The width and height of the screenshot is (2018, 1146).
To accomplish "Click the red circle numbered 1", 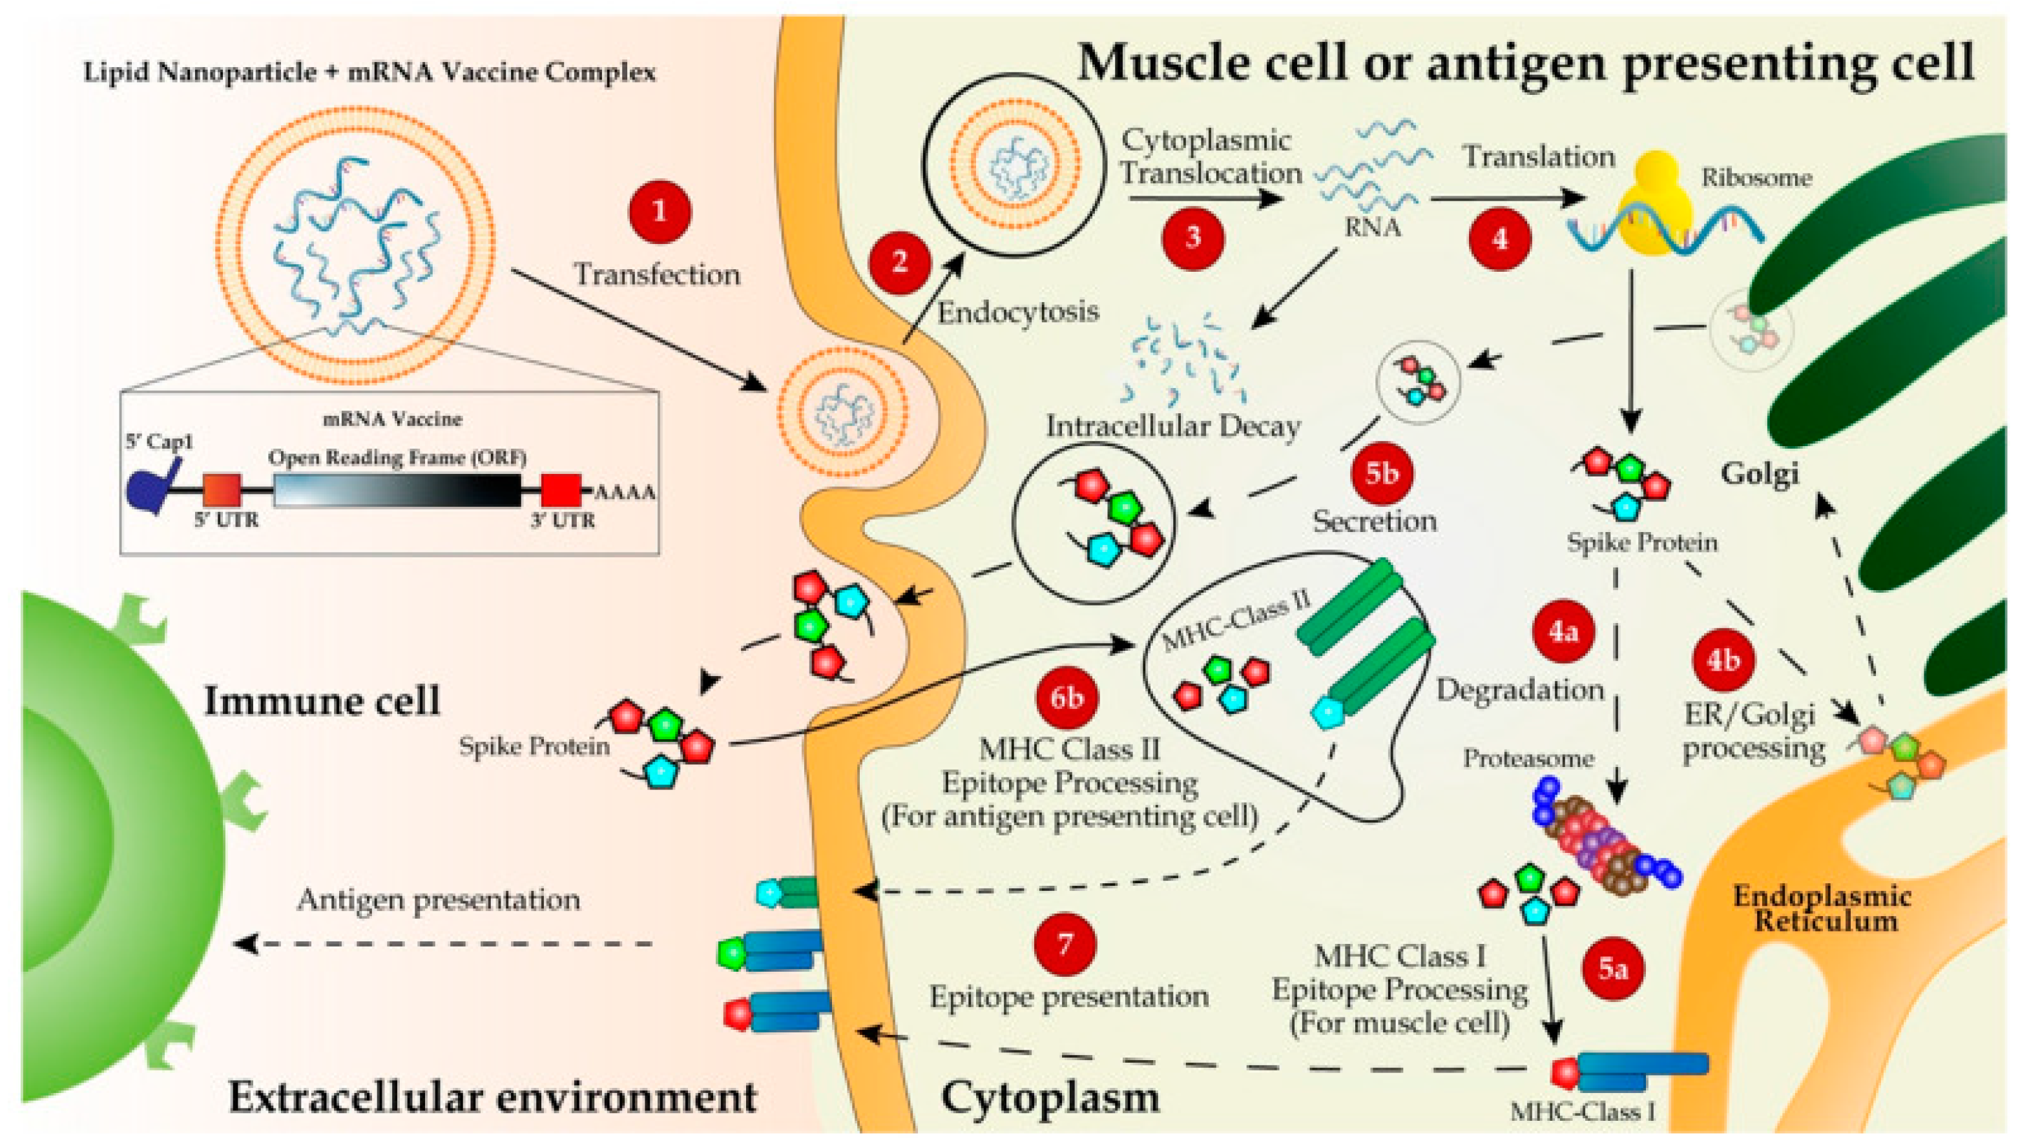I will point(659,212).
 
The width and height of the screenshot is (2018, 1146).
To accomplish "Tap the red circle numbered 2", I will point(899,262).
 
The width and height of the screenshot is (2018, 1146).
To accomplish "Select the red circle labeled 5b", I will point(1381,473).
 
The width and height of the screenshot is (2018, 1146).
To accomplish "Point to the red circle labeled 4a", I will point(1563,632).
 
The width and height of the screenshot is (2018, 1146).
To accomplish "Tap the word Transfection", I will point(657,274).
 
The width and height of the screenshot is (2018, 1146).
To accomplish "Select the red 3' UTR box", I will point(561,489).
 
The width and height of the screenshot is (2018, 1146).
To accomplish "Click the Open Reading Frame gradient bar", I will point(397,489).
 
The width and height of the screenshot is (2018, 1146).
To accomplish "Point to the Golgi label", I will point(1759,474).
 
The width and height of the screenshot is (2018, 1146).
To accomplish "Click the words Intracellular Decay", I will point(1172,427).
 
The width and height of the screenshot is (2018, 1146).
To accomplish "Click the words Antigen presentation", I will point(439,899).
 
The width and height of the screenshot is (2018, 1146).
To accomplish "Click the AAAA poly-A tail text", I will point(625,493).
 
